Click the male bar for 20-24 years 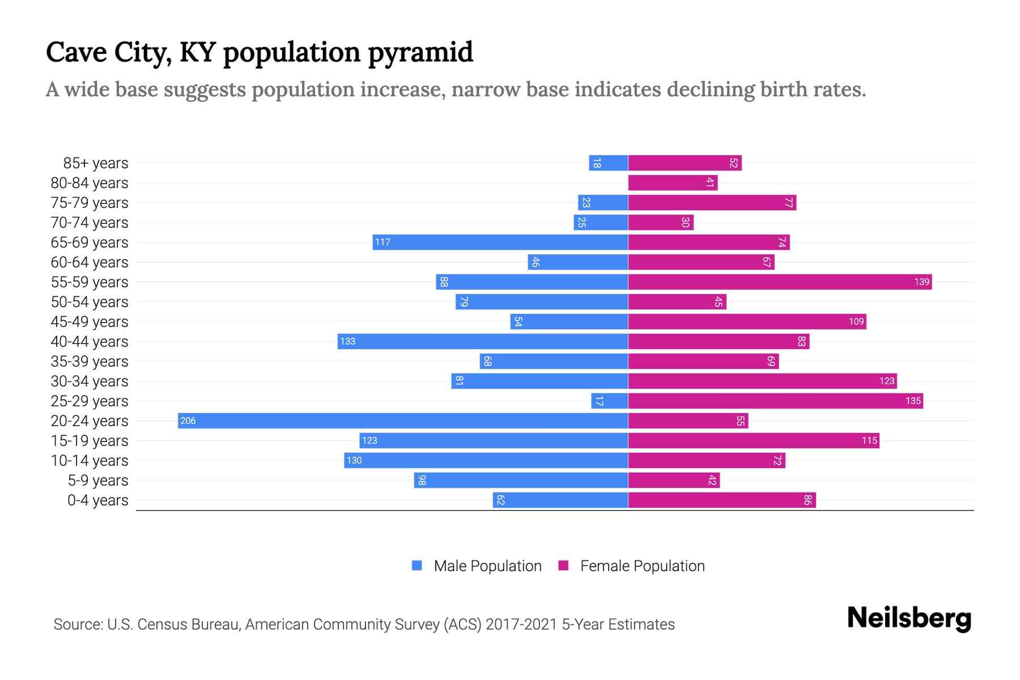coord(402,420)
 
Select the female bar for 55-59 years coord(779,282)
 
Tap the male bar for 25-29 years coord(610,401)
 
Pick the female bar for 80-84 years coord(673,182)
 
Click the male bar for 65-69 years coord(500,242)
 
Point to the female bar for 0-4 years coord(721,500)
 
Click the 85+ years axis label coord(95,163)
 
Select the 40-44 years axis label coord(90,342)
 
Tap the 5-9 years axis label coord(97,481)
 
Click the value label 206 coord(188,420)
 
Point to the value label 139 coord(921,282)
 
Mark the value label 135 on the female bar coord(912,401)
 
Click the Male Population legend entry coord(487,566)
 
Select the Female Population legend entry coord(642,566)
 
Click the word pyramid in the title coord(420,52)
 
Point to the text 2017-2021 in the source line coord(521,624)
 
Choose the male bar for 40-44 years coord(482,341)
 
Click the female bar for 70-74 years coord(660,222)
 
